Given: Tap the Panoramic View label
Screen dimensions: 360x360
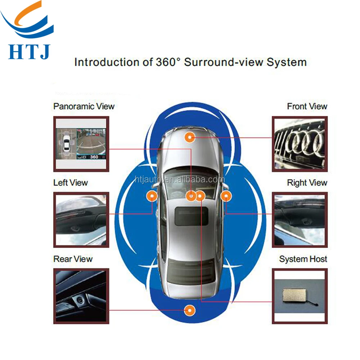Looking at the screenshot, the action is click(x=84, y=106).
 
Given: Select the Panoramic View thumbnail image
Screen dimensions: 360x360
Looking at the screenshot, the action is click(x=81, y=144).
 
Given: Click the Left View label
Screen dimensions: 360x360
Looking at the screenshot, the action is click(x=71, y=183).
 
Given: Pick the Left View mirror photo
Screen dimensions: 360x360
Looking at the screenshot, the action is click(x=81, y=220).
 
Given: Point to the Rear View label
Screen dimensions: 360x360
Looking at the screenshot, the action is click(x=73, y=259).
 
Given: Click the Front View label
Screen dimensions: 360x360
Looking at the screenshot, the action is click(x=307, y=106).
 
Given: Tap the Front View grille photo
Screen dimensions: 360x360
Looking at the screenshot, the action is click(x=300, y=144).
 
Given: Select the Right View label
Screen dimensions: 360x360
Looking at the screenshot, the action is click(x=307, y=183).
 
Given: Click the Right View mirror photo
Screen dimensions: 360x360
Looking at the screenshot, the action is click(x=300, y=220).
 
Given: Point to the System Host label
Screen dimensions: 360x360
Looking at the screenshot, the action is click(x=303, y=259).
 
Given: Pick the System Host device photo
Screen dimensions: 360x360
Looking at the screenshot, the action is click(x=300, y=295).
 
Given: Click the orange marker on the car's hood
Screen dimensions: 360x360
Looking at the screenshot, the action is click(x=189, y=137).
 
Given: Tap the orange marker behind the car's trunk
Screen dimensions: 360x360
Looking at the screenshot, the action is click(x=189, y=310).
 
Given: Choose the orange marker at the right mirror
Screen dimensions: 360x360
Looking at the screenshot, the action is click(x=226, y=196).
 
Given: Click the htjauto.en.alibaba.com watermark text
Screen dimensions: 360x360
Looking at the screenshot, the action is click(x=180, y=180).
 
